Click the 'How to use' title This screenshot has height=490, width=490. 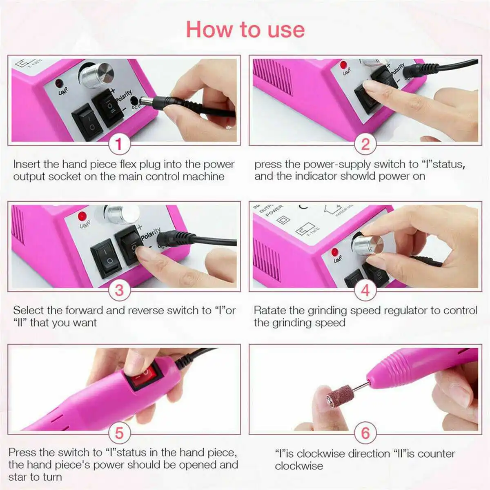245,30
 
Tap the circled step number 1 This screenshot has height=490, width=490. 119,144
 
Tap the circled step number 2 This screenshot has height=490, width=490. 365,144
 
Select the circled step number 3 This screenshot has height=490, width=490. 119,290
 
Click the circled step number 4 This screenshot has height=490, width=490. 365,290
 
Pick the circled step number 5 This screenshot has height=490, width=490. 119,433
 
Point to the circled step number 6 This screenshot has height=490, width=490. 365,433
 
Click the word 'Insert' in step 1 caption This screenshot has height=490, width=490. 27,164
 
